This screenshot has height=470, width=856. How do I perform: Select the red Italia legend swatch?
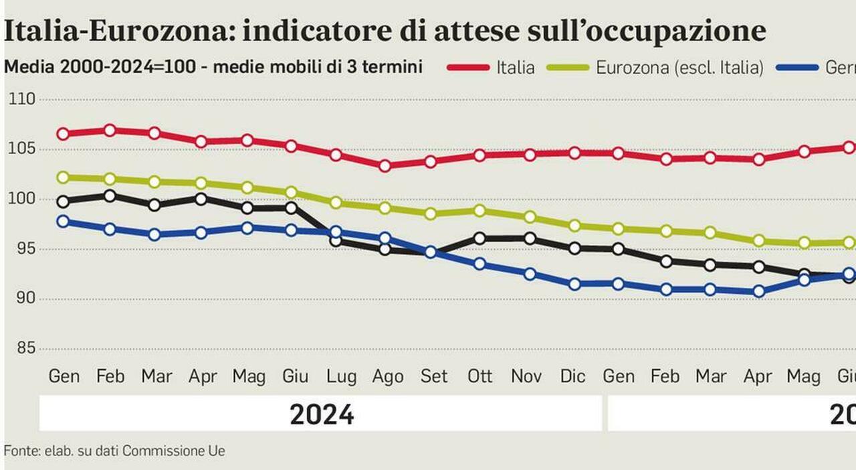[x=467, y=67]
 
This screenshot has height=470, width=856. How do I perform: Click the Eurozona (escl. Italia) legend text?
[x=679, y=68]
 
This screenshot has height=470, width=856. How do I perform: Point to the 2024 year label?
[x=322, y=415]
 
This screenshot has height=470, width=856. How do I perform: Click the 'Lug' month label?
[x=341, y=377]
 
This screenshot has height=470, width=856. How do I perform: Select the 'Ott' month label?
[x=479, y=377]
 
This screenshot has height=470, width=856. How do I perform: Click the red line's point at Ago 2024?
[x=385, y=165]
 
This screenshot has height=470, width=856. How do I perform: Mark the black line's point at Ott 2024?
[x=479, y=238]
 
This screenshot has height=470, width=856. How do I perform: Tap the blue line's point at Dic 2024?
[x=574, y=284]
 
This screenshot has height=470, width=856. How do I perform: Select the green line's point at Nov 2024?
[x=530, y=217]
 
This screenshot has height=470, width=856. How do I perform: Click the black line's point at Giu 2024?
[x=291, y=208]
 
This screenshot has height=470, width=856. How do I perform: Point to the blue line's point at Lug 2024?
[x=336, y=232]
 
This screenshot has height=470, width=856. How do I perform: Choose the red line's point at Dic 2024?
[x=574, y=153]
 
